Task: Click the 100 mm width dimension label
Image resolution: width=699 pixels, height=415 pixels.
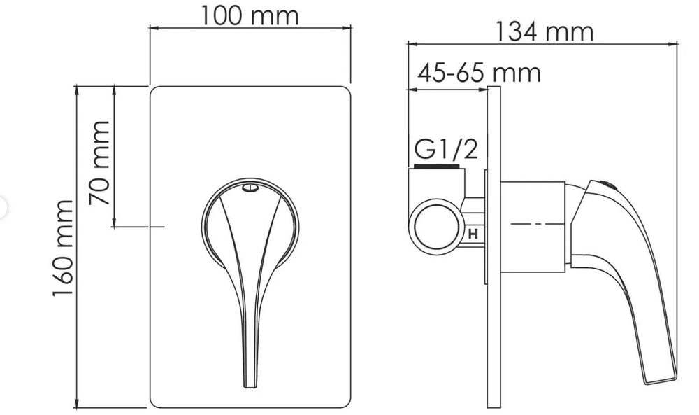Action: (250, 15)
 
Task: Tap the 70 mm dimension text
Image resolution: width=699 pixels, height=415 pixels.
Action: (100, 162)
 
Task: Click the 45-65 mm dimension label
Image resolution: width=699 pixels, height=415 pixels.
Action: (479, 72)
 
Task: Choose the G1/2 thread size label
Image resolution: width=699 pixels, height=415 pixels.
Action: (446, 149)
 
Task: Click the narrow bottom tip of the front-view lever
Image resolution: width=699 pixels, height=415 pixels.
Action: (250, 381)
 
